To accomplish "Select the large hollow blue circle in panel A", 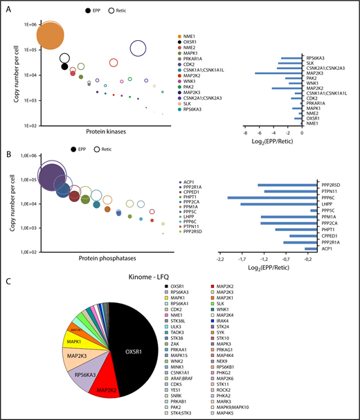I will tap(138, 48).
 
